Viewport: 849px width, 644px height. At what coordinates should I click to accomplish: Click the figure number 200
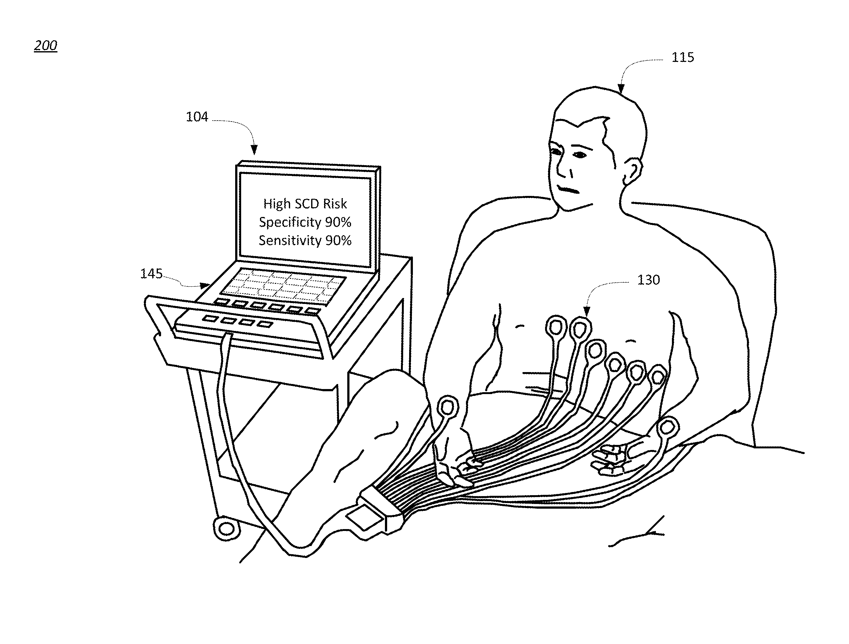[46, 45]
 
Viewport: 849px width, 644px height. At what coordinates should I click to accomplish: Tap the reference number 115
[682, 57]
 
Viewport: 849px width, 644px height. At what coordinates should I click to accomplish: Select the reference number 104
[197, 117]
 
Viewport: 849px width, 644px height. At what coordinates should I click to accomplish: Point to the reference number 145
[151, 273]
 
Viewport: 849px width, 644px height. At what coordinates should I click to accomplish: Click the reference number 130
[648, 280]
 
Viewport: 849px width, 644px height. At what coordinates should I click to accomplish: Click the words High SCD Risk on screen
[305, 204]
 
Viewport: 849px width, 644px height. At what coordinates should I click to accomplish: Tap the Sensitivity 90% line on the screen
[305, 241]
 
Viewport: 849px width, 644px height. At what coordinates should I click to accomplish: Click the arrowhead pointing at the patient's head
[621, 89]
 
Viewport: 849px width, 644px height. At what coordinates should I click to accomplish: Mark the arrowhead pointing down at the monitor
[254, 150]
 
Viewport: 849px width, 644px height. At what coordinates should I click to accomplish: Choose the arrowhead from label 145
[206, 285]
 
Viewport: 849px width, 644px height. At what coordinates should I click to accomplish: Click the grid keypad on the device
[284, 287]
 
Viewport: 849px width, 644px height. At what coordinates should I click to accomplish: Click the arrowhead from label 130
[587, 311]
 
